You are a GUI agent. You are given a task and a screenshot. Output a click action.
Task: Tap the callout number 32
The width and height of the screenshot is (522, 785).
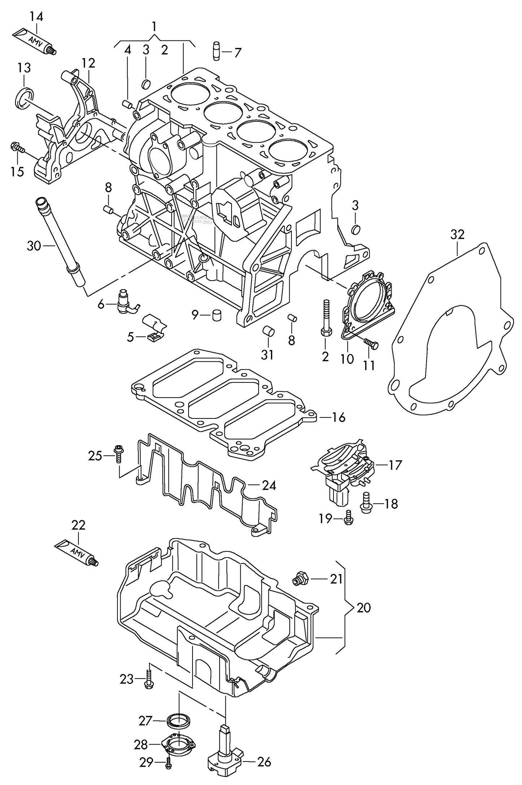pos(457,235)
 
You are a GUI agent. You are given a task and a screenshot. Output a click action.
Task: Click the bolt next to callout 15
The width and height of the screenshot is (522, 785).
pos(18,148)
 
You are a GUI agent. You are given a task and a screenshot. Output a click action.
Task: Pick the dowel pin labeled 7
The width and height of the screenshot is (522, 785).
pos(216,52)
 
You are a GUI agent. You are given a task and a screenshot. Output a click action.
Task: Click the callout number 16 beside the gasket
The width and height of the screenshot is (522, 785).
pos(338,417)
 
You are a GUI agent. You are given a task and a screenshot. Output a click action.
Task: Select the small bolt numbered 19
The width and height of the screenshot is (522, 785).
pos(348,518)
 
